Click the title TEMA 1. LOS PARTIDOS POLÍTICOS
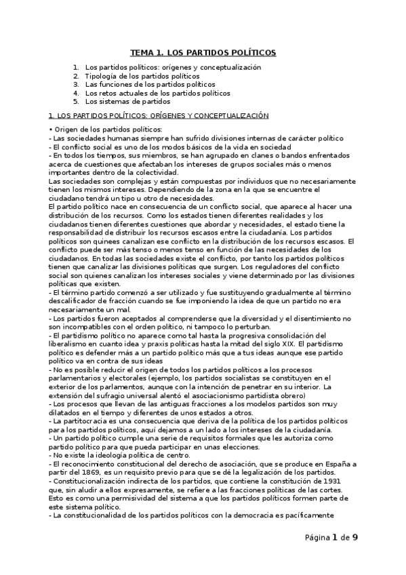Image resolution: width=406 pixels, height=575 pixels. coord(203,52)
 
